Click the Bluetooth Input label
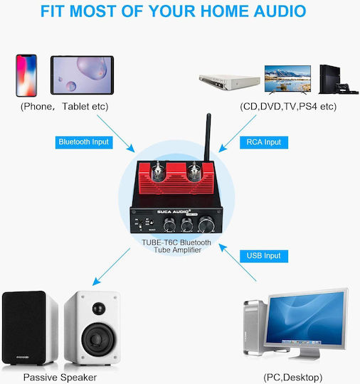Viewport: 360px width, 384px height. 84,142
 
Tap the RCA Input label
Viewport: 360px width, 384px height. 264,142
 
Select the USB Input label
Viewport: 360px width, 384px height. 264,256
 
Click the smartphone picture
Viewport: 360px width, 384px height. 26,75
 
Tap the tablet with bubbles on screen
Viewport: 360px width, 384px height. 82,75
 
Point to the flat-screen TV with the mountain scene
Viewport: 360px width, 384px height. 287,80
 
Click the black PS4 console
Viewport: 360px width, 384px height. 338,80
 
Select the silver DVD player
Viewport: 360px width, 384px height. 229,82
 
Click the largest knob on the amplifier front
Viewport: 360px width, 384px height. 206,223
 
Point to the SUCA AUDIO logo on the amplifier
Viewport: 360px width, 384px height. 174,212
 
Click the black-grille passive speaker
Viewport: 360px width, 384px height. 29,327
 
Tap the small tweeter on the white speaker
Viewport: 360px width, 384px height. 99,309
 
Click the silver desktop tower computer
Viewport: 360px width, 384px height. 255,328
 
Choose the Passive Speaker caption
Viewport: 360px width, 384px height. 60,378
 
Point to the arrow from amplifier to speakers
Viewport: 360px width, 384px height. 111,267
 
